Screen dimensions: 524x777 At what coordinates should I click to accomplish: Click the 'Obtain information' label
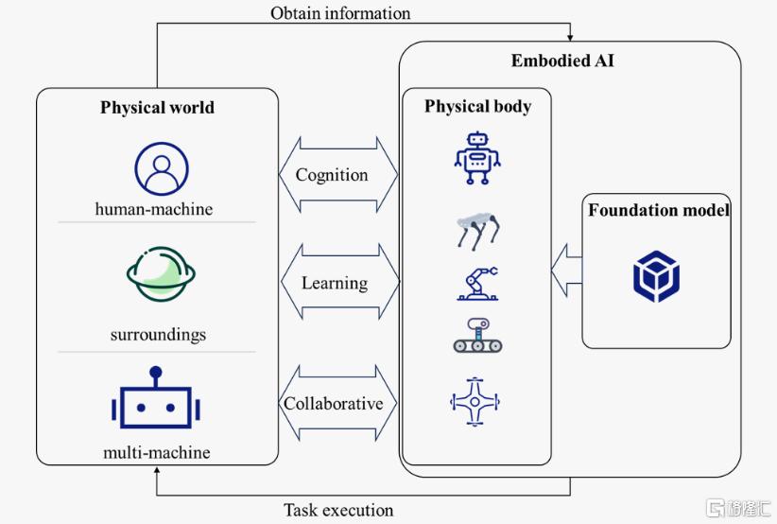point(340,13)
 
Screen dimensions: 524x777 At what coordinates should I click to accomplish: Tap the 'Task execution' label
point(338,511)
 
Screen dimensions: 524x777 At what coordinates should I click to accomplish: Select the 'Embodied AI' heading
point(562,61)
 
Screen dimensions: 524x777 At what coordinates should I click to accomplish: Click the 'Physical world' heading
point(157,107)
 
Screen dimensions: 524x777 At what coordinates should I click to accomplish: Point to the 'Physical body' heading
point(477,106)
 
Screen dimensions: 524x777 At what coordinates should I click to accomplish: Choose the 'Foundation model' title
point(658,210)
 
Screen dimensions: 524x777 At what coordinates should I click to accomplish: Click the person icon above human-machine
point(155,168)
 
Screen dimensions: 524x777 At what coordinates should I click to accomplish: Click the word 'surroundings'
point(157,335)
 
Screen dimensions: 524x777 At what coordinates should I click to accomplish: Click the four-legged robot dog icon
point(476,231)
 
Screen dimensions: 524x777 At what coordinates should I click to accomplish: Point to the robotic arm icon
point(476,283)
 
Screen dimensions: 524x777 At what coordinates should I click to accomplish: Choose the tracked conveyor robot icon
point(476,337)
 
